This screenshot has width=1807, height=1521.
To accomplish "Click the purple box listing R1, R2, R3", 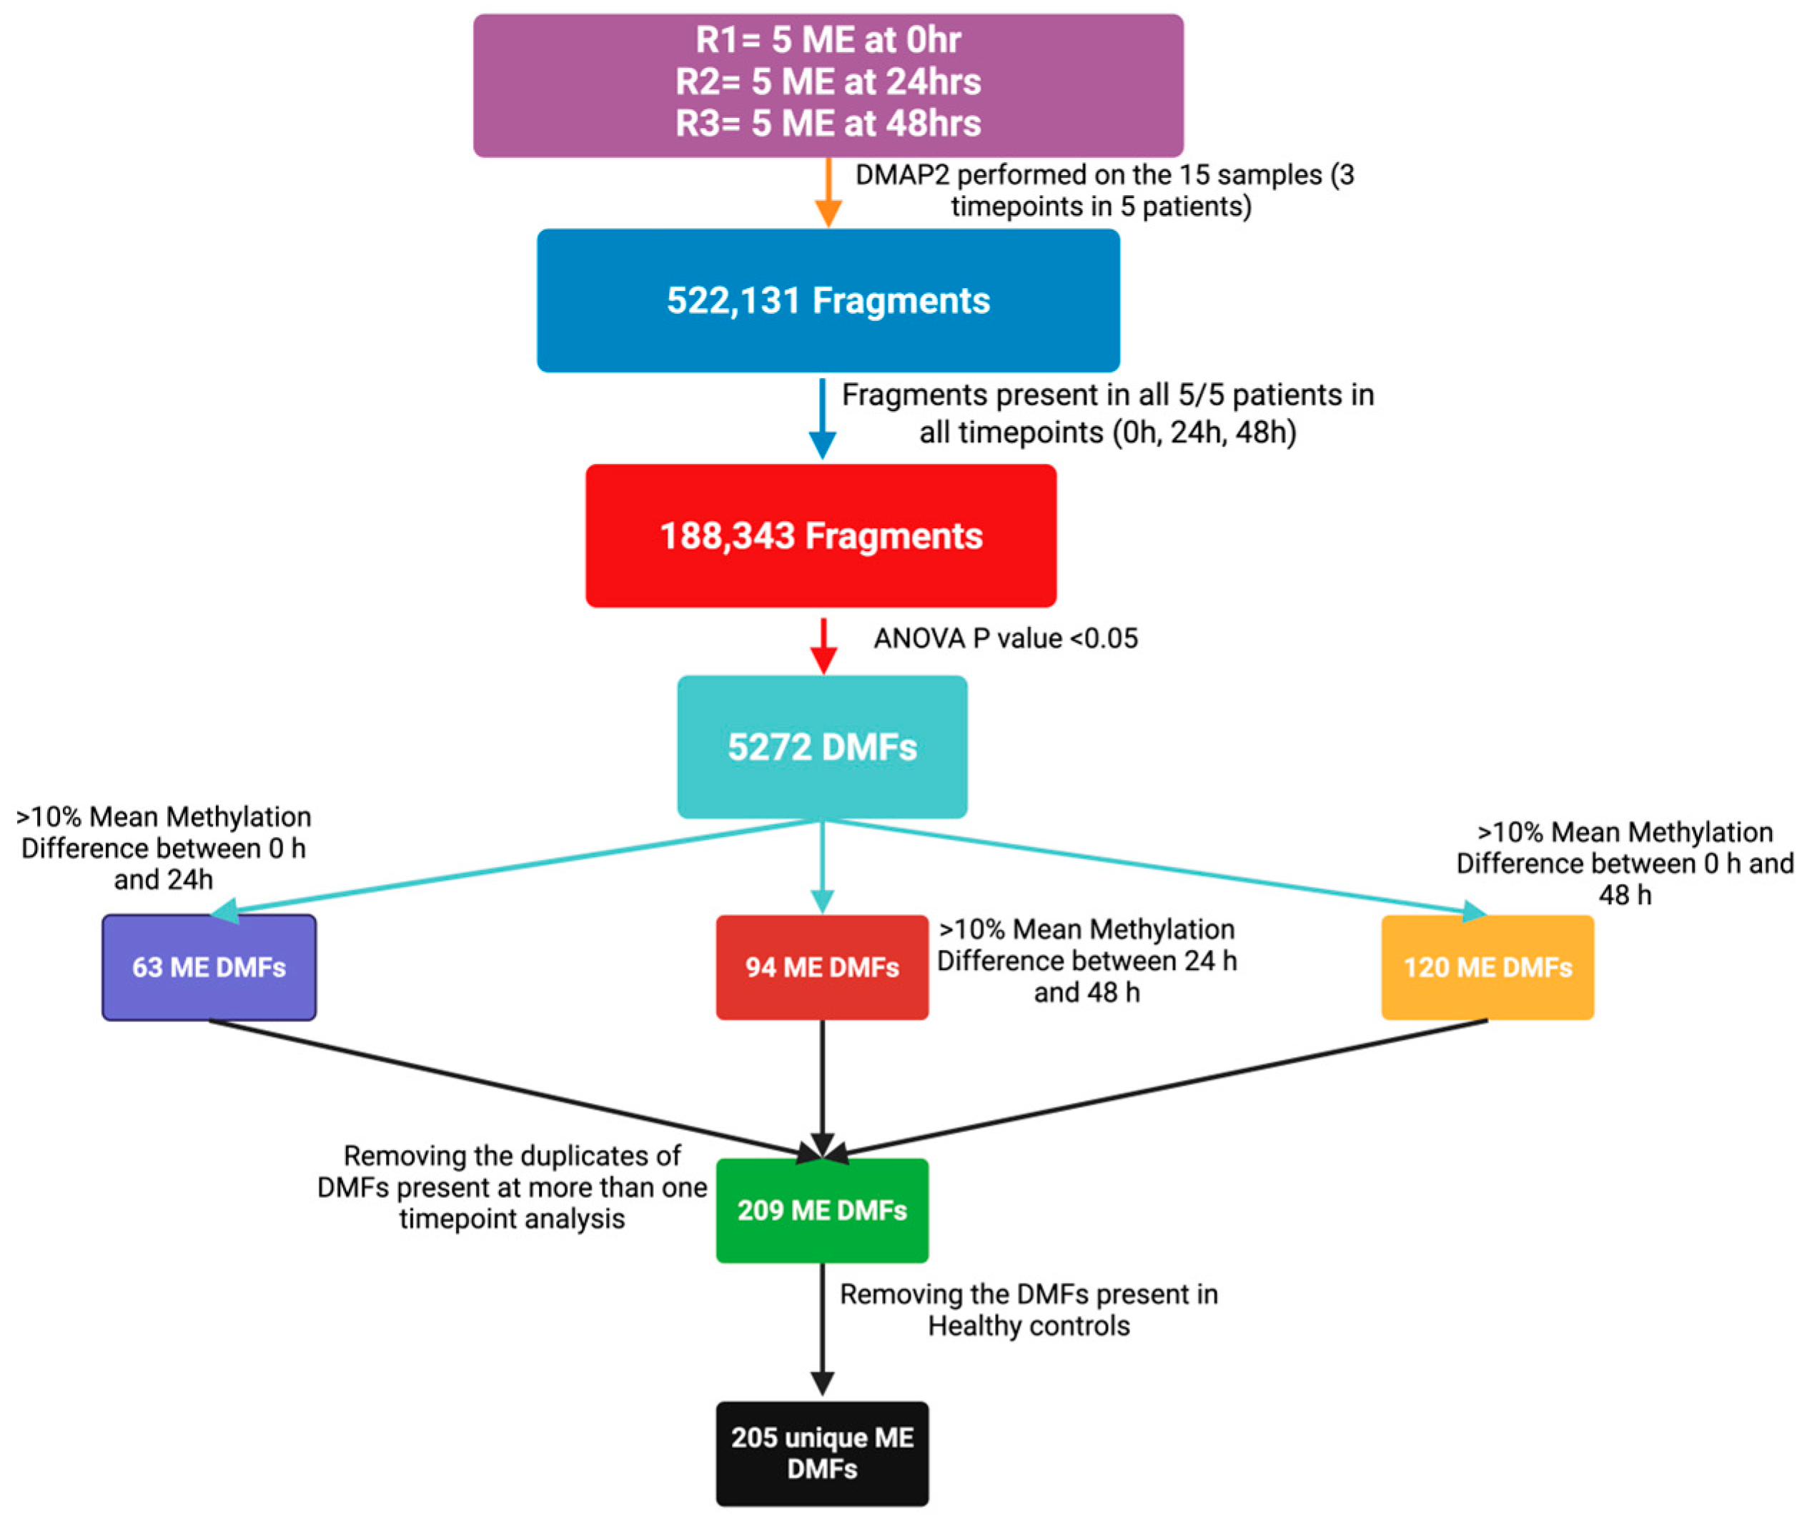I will tap(828, 84).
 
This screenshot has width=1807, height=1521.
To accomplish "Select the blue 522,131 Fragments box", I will tap(828, 300).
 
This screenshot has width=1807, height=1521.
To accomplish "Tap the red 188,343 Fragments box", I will tap(821, 535).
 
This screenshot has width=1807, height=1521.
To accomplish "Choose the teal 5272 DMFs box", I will tap(821, 747).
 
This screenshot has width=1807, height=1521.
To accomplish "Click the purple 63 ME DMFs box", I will tap(209, 968).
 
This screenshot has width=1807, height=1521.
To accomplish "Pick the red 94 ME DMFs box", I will tap(821, 968).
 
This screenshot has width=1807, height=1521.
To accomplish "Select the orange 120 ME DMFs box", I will tap(1487, 968).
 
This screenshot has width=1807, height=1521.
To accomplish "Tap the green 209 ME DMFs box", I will tap(821, 1210).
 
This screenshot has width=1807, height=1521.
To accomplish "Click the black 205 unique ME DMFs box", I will tap(821, 1453).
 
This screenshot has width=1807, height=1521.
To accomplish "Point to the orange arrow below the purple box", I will tap(828, 194).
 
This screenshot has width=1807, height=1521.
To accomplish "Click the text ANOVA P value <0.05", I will tap(1005, 639).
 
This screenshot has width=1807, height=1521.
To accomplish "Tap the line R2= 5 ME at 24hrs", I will tap(828, 82).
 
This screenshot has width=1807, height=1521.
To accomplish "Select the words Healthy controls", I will tap(1029, 1326).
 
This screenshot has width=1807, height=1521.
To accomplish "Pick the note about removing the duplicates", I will tap(512, 1187).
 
